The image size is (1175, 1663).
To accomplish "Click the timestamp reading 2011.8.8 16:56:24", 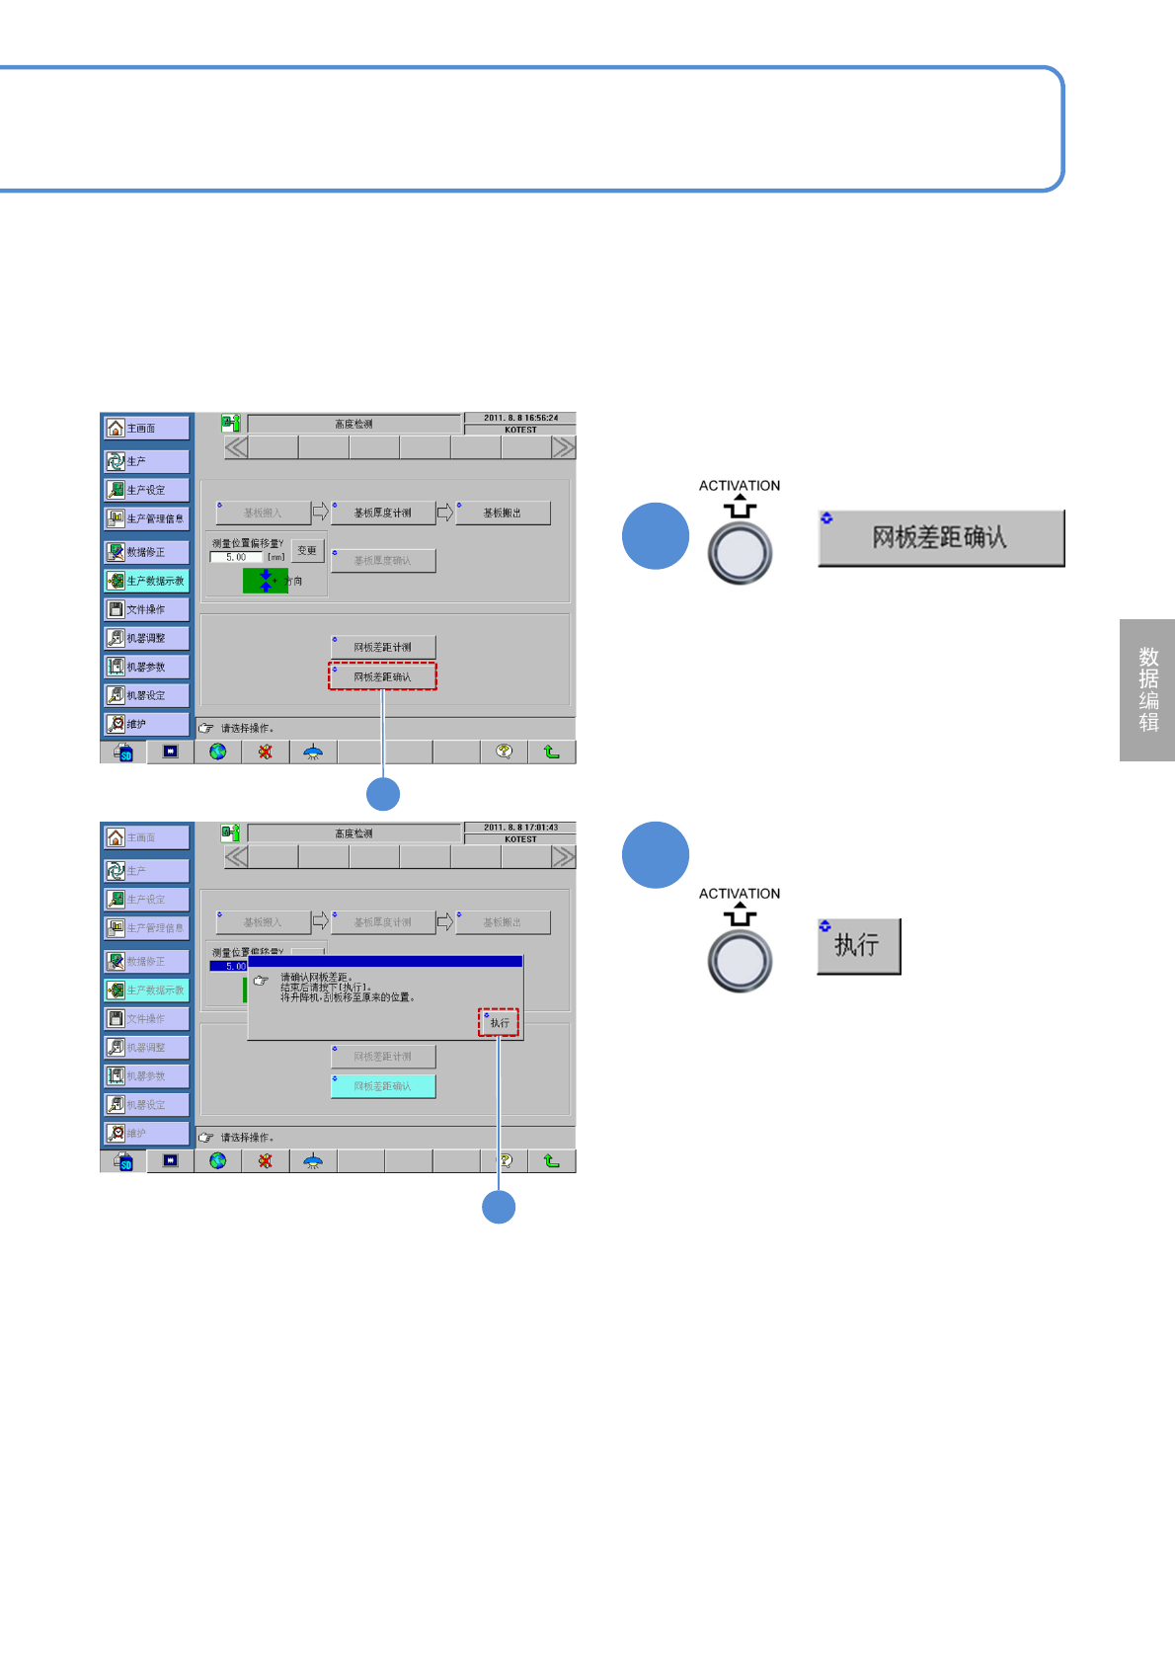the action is [x=520, y=418].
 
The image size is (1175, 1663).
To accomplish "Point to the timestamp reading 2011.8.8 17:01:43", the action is [x=520, y=828].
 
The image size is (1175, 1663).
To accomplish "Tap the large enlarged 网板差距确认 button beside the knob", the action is [x=941, y=538].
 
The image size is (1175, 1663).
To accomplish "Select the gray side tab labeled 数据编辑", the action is [x=1147, y=689].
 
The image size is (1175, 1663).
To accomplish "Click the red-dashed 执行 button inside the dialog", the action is [x=499, y=1023].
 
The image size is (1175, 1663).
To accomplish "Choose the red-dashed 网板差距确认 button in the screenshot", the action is [x=382, y=676].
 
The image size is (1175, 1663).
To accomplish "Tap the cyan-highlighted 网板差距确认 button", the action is [x=382, y=1086].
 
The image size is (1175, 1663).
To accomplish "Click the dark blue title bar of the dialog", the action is [x=385, y=961].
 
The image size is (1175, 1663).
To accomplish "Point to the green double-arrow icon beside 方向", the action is [x=265, y=581].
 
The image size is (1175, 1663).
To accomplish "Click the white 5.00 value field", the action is [x=236, y=558].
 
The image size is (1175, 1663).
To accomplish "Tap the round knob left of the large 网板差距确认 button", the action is [x=740, y=553].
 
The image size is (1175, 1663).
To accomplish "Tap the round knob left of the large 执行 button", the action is [x=740, y=961].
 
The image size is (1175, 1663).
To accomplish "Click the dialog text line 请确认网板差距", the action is [x=316, y=978].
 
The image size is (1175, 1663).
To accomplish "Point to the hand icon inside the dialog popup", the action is [x=261, y=981].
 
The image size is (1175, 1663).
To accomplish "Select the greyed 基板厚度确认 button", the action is [x=382, y=561].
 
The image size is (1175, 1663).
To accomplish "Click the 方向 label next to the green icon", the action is [x=295, y=582].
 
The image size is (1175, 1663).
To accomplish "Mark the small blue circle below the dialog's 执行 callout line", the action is [x=499, y=1207].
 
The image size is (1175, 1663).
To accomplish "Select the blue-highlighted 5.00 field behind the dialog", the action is [x=228, y=967].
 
